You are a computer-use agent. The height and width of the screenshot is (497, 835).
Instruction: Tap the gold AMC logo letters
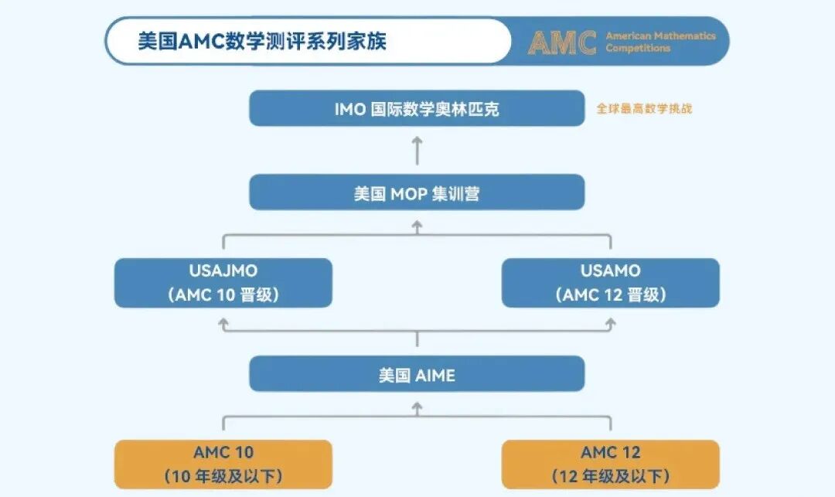pos(562,43)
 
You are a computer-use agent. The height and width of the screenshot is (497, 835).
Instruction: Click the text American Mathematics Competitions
pos(660,42)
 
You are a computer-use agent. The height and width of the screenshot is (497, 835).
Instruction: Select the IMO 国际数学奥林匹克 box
pos(417,109)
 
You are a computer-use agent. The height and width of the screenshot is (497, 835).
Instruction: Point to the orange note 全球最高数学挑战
pos(644,109)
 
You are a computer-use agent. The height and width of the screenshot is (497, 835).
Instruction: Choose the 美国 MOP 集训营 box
pos(417,193)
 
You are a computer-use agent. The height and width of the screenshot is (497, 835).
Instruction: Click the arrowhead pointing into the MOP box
pos(417,225)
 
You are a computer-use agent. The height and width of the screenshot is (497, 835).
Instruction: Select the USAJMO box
pos(223,283)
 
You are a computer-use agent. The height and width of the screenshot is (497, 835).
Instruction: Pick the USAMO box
pos(610,283)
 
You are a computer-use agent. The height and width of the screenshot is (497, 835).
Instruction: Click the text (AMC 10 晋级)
pos(223,295)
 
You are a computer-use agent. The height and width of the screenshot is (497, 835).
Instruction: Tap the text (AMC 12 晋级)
pos(610,295)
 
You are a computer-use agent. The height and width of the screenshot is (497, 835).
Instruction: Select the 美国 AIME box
pos(417,376)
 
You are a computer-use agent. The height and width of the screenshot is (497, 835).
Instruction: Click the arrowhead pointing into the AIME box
pos(417,407)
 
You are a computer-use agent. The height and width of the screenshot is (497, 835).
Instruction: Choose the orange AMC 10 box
pos(223,464)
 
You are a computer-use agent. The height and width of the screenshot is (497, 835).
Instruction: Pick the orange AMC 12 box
pos(610,464)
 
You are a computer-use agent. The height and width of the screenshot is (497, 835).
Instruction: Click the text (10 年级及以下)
pos(223,476)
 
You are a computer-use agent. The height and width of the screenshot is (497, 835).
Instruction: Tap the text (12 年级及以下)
pos(610,476)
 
